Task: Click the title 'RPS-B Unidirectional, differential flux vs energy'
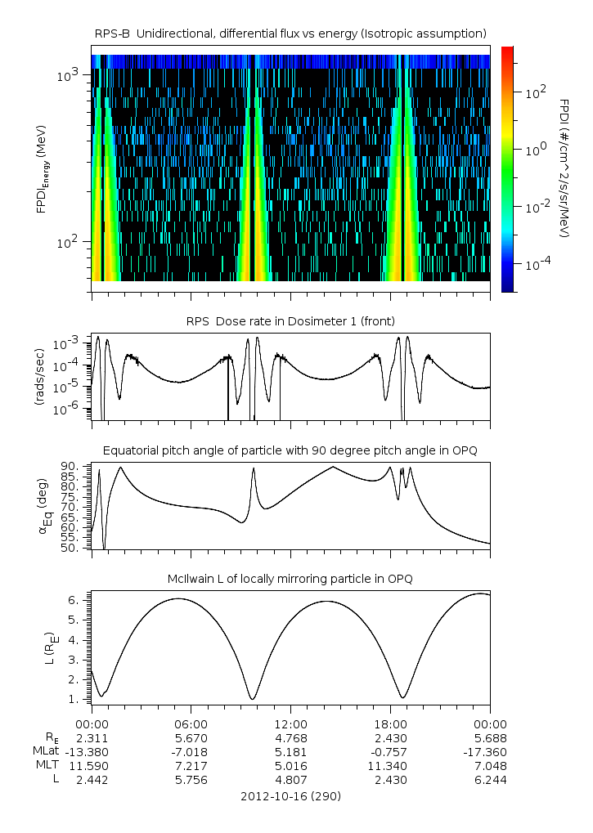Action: (x=290, y=33)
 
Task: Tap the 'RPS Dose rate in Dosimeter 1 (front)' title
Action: (x=290, y=320)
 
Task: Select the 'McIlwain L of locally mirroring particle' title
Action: (x=290, y=580)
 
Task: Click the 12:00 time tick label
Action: (x=290, y=723)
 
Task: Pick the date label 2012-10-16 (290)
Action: (x=290, y=795)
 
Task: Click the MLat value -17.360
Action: (x=489, y=751)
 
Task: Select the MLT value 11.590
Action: (x=92, y=765)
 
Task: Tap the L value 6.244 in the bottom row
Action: (x=489, y=780)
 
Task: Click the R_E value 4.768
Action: (x=290, y=737)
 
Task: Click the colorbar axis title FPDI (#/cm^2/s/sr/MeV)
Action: (x=564, y=168)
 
